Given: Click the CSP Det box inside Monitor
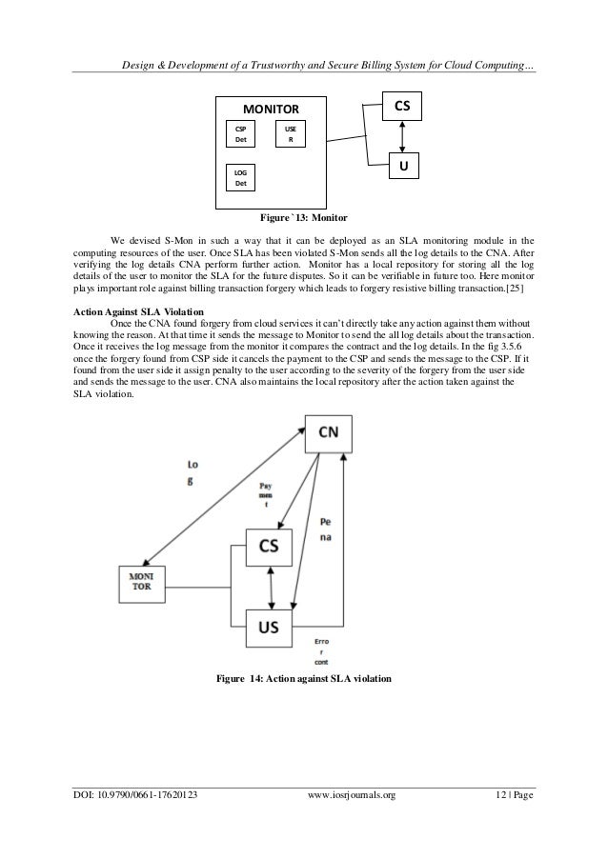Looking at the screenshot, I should tap(241, 134).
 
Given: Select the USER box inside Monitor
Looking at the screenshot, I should tap(290, 134).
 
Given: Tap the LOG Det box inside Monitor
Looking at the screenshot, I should tap(241, 176).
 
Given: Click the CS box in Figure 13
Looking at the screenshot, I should tap(403, 106).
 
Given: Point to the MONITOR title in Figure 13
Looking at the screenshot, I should tap(272, 110).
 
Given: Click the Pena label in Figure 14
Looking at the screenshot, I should tap(327, 531).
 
